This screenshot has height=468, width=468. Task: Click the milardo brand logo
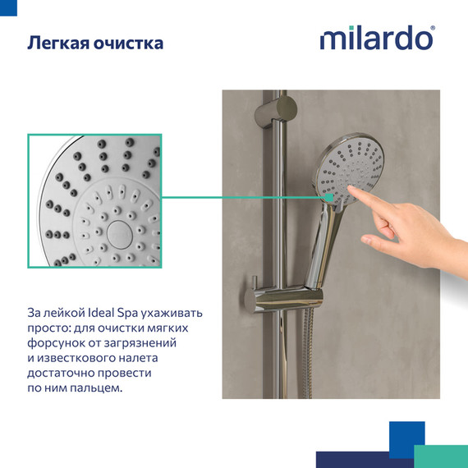[375, 39]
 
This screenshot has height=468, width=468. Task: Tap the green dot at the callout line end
[328, 197]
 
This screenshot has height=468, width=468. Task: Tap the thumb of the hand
[379, 240]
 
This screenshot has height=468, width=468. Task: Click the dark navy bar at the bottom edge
[361, 460]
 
